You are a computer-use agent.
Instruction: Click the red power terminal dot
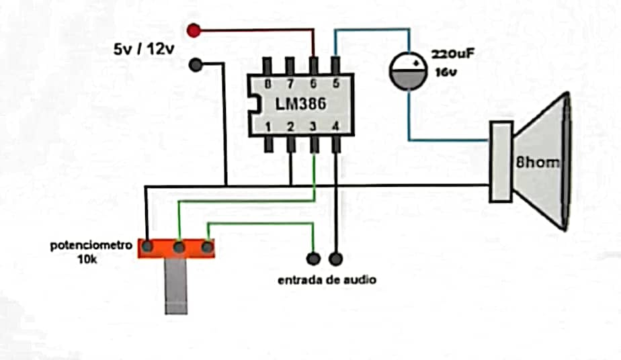coord(194,30)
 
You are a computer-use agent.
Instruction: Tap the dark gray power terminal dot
coord(196,65)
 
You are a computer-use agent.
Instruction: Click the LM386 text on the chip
coord(300,104)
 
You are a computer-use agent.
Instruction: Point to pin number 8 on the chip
coord(268,84)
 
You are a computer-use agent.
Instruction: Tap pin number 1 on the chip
coord(268,126)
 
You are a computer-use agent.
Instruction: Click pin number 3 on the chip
coord(313,126)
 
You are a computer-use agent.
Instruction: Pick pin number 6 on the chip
coord(313,84)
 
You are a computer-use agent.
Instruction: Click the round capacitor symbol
coord(409,71)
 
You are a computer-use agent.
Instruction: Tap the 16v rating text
coord(444,72)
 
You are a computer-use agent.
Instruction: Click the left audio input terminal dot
coord(313,258)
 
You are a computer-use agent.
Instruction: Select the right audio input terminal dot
coord(336,258)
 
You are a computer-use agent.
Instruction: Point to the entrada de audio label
coord(327,279)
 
